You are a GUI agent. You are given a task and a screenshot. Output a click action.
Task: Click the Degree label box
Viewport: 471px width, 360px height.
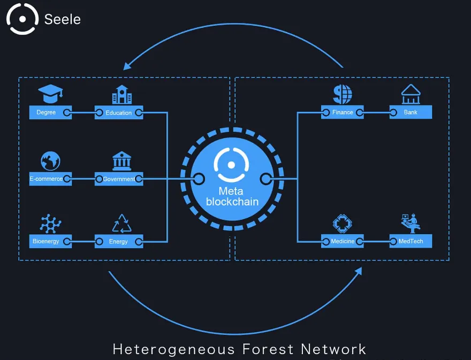[50, 112]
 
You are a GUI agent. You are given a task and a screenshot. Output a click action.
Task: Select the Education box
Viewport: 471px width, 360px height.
[119, 112]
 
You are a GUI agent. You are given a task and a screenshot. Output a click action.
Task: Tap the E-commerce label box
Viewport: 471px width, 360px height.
[50, 179]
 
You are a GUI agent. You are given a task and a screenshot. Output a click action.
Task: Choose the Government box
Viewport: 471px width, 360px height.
[119, 179]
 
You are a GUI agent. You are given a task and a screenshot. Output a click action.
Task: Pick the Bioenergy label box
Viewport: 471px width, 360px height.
[50, 241]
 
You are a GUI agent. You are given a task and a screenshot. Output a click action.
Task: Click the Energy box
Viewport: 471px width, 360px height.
[119, 241]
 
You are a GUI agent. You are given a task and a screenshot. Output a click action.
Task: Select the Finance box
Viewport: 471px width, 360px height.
[343, 112]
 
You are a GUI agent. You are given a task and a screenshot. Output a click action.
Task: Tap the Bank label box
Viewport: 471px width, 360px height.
[411, 112]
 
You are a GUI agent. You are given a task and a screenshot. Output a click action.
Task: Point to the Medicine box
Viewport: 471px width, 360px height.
[343, 241]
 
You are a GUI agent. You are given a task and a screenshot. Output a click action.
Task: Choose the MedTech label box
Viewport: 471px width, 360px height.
[411, 241]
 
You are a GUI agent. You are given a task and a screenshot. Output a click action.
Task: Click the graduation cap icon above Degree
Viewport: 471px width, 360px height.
[50, 94]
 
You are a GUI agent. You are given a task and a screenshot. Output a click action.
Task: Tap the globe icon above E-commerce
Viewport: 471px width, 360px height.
[50, 161]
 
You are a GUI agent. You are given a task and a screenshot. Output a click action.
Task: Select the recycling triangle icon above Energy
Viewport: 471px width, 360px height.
[121, 224]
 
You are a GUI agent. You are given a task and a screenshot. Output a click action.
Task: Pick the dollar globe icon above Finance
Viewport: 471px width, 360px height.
[343, 94]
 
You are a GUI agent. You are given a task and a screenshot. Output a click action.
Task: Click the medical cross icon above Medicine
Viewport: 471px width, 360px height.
[343, 224]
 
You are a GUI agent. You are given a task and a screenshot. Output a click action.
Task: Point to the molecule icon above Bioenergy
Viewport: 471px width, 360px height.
[50, 224]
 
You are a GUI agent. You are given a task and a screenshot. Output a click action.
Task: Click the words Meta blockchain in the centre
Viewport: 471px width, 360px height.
[232, 196]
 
